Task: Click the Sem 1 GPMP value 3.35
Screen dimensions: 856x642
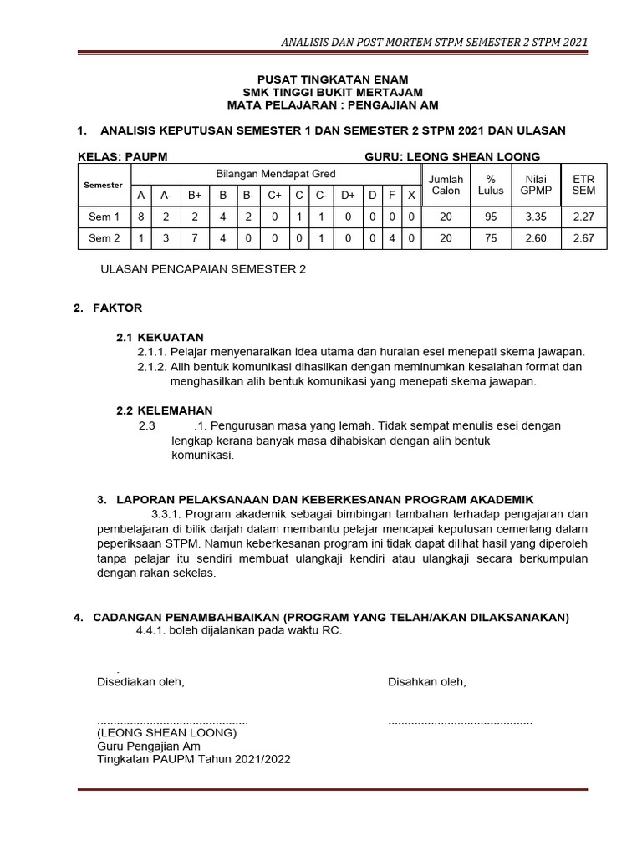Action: (x=536, y=217)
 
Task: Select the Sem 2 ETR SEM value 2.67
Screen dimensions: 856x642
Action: (x=584, y=238)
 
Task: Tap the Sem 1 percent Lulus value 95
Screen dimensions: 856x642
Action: (x=491, y=217)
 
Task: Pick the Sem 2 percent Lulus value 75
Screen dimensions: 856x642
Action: (x=491, y=238)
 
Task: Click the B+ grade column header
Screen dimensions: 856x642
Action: (x=195, y=195)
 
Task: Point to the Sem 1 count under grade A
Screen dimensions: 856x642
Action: (x=141, y=217)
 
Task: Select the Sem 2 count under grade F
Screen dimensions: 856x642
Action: (x=392, y=238)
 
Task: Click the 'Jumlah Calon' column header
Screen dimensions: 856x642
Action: (x=446, y=185)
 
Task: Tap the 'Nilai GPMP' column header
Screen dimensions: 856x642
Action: (x=536, y=185)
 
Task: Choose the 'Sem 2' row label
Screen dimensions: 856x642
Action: (x=104, y=238)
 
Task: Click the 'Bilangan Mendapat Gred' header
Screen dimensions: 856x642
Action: (x=276, y=174)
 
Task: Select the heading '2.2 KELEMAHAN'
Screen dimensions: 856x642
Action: (x=164, y=410)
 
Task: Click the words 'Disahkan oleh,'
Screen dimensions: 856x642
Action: (x=426, y=682)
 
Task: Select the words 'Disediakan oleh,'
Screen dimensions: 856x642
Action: (x=140, y=682)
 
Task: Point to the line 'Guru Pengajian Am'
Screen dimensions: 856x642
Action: (x=149, y=746)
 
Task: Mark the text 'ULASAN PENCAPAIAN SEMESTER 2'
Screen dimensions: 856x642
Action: (x=203, y=269)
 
